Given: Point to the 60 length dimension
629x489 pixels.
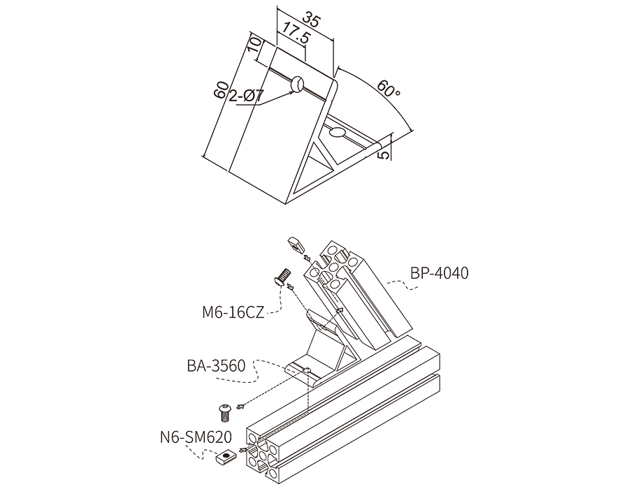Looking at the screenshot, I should point(221,89).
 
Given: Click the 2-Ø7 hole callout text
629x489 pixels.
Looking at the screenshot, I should point(246,97).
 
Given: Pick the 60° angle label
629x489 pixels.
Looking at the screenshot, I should point(389,89).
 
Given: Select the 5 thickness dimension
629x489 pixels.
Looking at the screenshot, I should point(383,152).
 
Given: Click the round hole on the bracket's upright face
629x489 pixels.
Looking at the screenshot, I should point(298,85).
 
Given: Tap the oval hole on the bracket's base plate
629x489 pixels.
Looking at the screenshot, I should point(338,132).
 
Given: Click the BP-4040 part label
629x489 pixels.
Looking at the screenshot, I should point(440,273).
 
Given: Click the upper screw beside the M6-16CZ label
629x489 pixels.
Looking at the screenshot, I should point(281,277).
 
